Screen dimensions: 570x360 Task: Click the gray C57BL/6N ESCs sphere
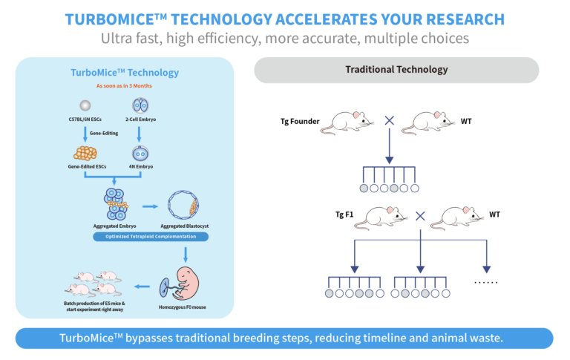point(85,105)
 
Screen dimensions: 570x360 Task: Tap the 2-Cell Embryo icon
point(140,105)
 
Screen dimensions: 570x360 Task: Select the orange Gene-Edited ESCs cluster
point(85,153)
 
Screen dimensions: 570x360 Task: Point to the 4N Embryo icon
point(140,154)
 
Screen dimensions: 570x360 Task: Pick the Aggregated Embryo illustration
point(116,204)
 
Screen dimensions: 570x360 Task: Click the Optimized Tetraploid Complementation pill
point(151,237)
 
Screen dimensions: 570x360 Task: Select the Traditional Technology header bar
point(396,70)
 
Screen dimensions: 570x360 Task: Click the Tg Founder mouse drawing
point(347,123)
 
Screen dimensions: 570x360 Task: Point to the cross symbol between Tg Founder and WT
point(390,120)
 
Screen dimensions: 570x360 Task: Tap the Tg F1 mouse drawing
point(380,217)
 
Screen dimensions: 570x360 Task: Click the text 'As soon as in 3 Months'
point(124,86)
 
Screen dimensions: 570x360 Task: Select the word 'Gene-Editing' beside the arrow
point(104,133)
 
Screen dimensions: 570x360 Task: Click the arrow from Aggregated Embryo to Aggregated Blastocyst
point(150,206)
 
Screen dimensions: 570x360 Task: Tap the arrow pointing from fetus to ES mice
point(142,287)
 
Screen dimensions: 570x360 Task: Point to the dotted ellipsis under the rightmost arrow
point(485,282)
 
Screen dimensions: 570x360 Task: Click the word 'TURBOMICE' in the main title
point(110,19)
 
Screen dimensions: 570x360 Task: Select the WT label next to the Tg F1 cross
point(494,215)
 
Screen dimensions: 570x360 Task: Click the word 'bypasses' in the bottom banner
point(148,338)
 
